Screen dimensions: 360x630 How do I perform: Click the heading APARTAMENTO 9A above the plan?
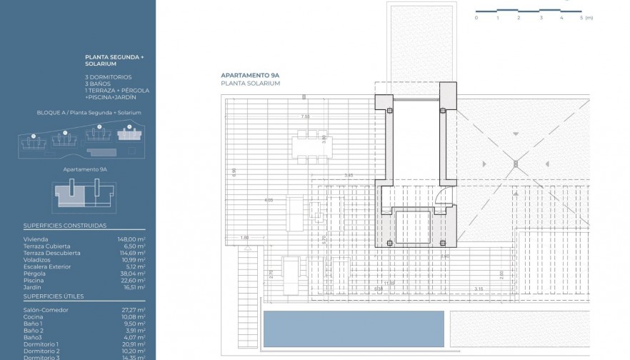(x=249, y=75)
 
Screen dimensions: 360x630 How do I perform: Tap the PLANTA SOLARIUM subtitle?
(x=251, y=84)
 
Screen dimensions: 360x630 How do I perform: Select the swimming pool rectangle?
(x=354, y=329)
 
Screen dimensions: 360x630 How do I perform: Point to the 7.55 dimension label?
(x=305, y=116)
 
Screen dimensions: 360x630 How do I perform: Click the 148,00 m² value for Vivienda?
(x=131, y=239)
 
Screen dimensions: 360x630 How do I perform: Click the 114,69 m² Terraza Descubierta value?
(x=131, y=253)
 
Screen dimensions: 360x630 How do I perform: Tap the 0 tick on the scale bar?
(x=476, y=17)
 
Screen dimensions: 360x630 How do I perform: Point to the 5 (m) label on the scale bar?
(x=586, y=17)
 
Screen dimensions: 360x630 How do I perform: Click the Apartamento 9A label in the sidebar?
(x=85, y=169)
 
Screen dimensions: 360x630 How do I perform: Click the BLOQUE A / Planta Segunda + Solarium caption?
(x=89, y=113)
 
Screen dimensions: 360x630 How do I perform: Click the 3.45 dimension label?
(x=349, y=175)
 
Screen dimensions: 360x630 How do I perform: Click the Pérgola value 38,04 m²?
(x=131, y=273)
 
